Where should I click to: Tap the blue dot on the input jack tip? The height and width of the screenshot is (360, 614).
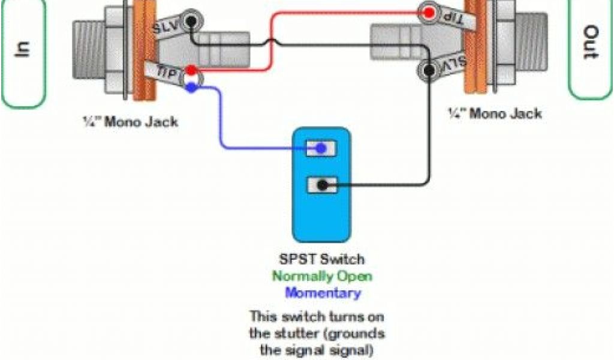point(191,88)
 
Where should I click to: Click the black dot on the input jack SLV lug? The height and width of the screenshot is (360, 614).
point(191,21)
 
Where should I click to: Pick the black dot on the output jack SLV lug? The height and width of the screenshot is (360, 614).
point(428,71)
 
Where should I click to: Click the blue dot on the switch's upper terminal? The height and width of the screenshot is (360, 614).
point(322,148)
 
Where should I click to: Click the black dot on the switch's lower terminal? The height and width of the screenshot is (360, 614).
point(322,185)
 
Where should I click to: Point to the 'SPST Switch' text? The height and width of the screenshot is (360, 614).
point(321,260)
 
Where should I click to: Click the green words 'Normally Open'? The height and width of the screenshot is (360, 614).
point(322,277)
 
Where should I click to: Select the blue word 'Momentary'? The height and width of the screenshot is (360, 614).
point(323,293)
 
